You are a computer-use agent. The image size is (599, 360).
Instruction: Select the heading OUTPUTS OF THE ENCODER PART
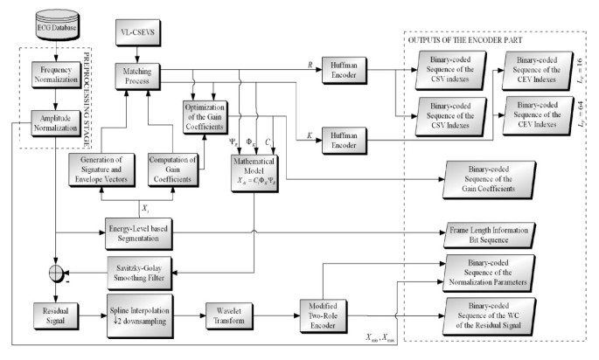467,38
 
